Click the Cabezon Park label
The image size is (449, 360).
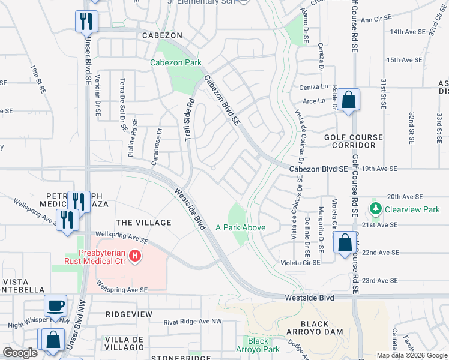tap(176, 62)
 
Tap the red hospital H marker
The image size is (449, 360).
tap(136, 257)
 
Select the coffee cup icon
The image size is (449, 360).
tap(56, 305)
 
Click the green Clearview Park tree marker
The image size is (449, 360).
tap(376, 209)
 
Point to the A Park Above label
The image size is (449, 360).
tap(240, 228)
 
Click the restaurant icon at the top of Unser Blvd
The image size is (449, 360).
tap(86, 22)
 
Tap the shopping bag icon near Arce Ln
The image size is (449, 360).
tap(348, 100)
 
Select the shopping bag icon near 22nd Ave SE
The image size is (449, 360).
tap(345, 244)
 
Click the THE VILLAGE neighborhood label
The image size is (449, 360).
tap(143, 223)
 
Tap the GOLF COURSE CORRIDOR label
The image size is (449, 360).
tap(354, 142)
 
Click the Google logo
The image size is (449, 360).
tap(20, 353)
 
